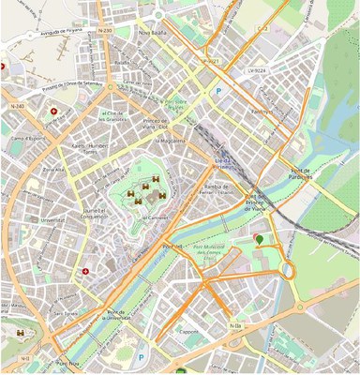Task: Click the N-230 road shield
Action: point(104,31)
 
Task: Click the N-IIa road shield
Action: point(235,325)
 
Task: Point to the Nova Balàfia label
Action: point(152,32)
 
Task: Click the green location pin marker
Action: point(259,241)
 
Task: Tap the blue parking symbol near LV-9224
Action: point(218,92)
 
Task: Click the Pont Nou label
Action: point(172,247)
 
